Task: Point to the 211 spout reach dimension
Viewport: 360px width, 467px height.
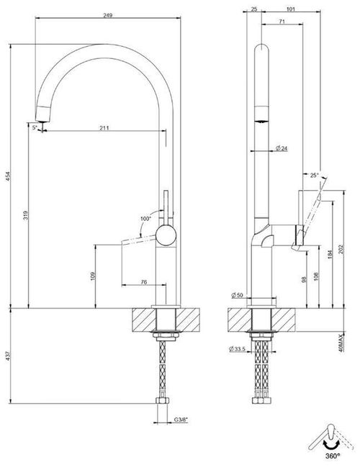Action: click(x=104, y=128)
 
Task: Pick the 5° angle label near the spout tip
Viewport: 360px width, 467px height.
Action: click(x=35, y=127)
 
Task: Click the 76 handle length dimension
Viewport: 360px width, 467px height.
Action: click(x=143, y=282)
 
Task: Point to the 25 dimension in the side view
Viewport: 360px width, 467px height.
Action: click(x=253, y=9)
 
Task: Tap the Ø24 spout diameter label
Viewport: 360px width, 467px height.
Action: click(x=281, y=149)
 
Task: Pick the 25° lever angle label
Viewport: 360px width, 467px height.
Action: click(x=313, y=175)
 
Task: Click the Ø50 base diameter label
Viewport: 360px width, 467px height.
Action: click(x=236, y=296)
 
